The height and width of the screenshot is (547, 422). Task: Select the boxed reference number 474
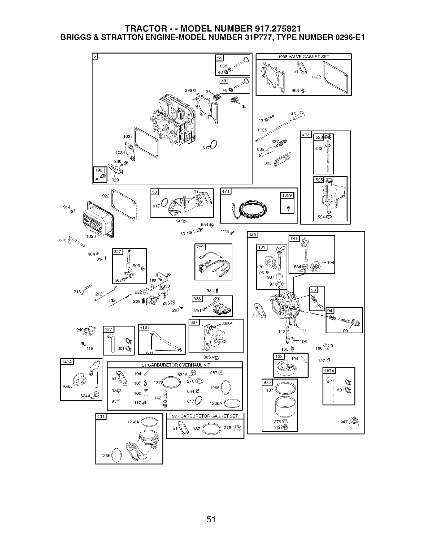click(225, 191)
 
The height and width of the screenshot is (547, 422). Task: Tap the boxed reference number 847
click(306, 134)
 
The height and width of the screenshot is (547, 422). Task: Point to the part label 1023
click(91, 237)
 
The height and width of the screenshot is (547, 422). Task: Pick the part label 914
click(67, 207)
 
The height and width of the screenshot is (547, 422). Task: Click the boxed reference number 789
click(200, 247)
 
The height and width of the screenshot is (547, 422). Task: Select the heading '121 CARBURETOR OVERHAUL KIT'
click(175, 365)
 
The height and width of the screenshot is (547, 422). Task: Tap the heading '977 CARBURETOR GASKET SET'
click(205, 416)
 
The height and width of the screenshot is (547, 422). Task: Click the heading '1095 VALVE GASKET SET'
click(303, 57)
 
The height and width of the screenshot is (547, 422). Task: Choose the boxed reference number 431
click(101, 417)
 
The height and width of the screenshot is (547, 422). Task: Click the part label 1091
click(345, 330)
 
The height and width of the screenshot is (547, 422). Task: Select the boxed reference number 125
click(253, 235)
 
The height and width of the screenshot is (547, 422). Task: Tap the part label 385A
click(228, 324)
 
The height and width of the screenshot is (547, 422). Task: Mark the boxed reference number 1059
click(287, 195)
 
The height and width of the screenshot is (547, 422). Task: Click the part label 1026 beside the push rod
click(262, 130)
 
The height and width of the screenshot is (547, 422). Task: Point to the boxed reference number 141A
click(67, 362)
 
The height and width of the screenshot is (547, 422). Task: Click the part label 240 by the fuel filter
click(80, 330)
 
